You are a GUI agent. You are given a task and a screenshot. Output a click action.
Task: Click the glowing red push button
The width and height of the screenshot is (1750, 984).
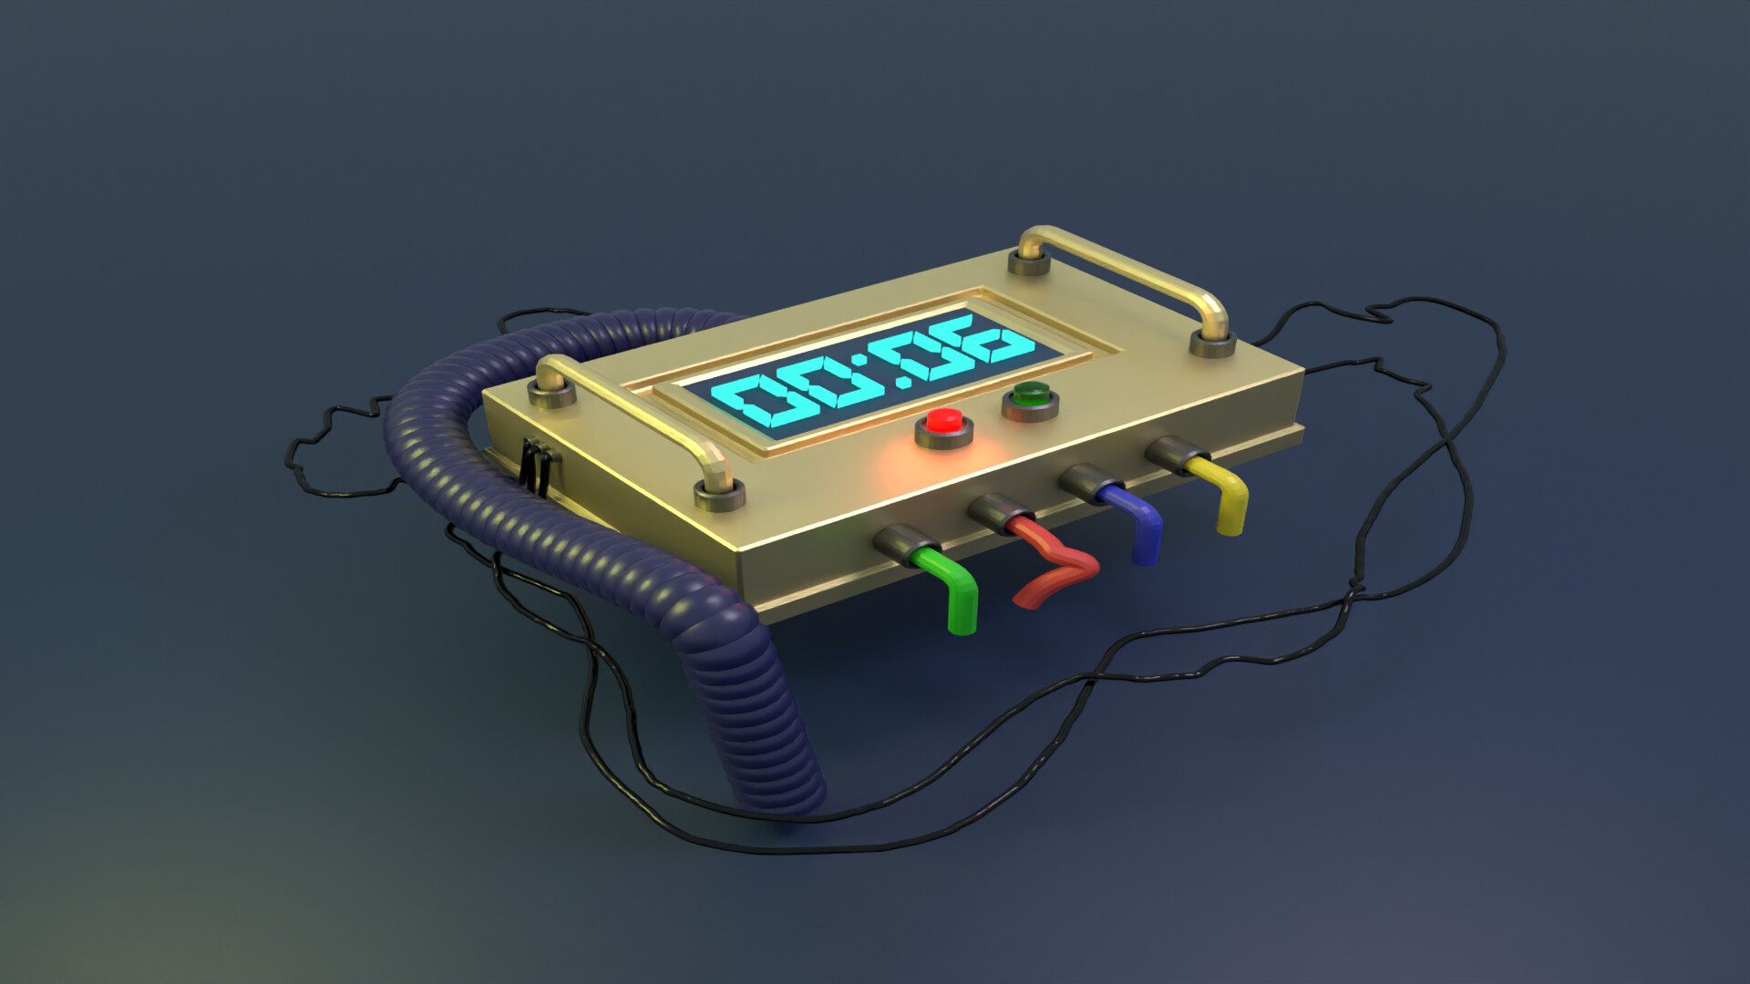pyautogui.click(x=944, y=424)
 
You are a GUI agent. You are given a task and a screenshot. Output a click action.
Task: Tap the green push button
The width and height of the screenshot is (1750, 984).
pyautogui.click(x=1031, y=396)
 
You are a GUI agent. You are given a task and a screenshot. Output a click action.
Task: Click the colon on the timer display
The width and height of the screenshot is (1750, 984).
pyautogui.click(x=880, y=375)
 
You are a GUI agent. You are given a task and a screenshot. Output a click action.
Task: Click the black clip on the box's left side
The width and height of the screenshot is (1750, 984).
pyautogui.click(x=536, y=466)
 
